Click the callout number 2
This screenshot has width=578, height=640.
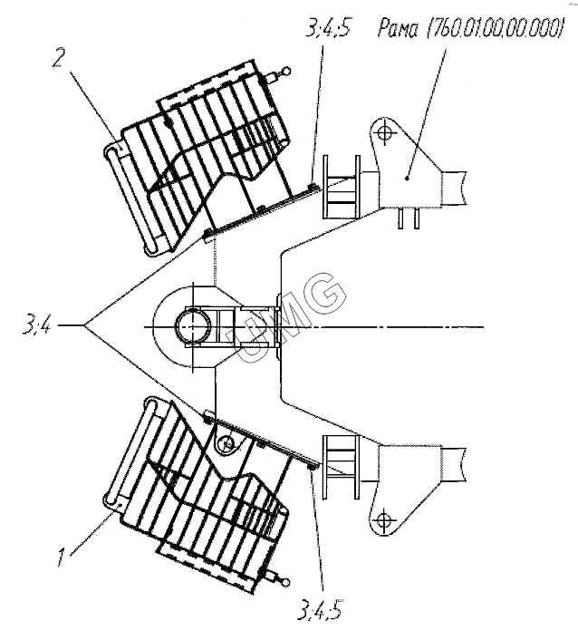58,59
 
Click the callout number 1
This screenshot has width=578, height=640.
62,557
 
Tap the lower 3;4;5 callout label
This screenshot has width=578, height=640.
320,608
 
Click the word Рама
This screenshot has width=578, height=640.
398,29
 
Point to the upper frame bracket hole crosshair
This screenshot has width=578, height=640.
384,132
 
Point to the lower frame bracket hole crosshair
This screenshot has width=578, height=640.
384,520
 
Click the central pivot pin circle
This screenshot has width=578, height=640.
193,327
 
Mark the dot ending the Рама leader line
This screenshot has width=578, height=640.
407,178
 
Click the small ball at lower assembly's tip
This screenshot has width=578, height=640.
286,581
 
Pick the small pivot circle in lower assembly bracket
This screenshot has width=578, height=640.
225,443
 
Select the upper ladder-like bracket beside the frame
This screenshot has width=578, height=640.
342,187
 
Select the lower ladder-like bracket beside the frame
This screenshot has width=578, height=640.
342,467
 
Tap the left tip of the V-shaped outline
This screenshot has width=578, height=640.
84,325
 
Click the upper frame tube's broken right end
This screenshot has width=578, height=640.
466,188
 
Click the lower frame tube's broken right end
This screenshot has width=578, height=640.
466,464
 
